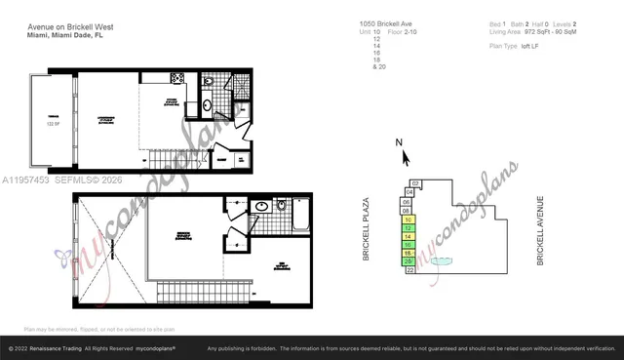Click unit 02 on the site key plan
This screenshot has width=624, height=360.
point(415,183)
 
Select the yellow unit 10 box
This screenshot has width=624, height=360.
point(408,220)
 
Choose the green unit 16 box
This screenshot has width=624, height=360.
point(408,244)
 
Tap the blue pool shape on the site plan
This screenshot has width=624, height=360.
point(442,260)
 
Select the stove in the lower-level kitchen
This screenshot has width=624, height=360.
point(177,78)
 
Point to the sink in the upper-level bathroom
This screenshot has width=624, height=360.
point(261,207)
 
